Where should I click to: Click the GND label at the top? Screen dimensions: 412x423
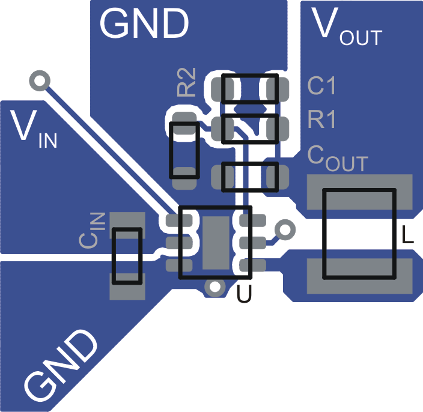(144, 24)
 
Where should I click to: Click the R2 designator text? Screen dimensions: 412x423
(187, 83)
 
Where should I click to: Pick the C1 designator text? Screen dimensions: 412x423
(321, 86)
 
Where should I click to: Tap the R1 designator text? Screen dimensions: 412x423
(321, 120)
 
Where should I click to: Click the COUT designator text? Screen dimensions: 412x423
(337, 157)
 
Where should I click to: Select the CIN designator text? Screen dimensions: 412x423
(93, 230)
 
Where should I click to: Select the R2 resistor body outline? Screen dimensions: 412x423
(184, 150)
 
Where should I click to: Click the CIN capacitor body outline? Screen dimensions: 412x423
(127, 256)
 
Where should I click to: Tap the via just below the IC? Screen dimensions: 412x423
(212, 287)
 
